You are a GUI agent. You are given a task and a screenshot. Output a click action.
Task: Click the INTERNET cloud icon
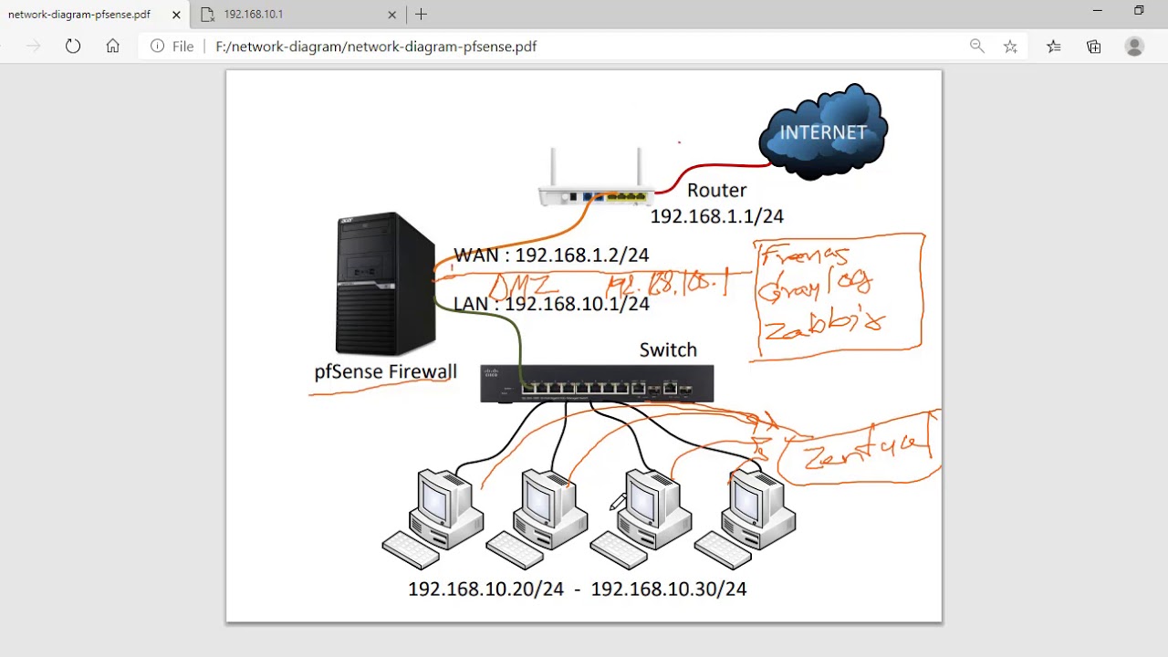pos(823,133)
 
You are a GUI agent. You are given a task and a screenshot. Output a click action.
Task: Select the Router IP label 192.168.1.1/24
pos(716,216)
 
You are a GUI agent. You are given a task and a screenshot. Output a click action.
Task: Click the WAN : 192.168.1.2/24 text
pos(551,255)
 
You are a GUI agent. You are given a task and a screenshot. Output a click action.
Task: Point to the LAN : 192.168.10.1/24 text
pos(551,304)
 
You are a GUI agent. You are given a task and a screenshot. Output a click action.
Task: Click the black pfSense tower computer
pos(384,284)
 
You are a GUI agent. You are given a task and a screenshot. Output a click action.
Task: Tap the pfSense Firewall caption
pos(385,371)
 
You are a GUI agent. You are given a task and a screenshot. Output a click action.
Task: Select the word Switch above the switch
pos(668,349)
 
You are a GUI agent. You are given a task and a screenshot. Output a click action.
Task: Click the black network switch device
pos(597,384)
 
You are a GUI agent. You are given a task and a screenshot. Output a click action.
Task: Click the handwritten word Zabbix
pos(824,324)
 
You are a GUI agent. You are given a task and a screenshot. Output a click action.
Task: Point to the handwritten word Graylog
pos(815,287)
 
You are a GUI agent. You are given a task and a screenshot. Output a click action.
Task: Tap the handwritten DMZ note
pos(523,286)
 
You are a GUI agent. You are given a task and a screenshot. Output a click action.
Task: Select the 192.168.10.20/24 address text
pos(485,589)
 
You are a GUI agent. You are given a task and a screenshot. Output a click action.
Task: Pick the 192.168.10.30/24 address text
pos(669,589)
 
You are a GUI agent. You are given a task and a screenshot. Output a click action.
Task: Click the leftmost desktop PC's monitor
pos(434,500)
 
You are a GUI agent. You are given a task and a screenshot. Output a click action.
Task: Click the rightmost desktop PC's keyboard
pos(723,550)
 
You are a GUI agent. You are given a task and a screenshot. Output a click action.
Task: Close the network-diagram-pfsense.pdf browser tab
pos(176,15)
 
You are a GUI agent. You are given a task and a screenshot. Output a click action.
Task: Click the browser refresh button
pos(73,47)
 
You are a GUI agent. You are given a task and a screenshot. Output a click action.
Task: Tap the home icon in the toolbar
pos(112,47)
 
